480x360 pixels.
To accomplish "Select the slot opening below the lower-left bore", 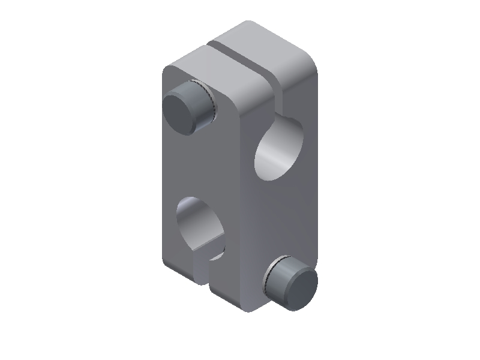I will (x=205, y=270).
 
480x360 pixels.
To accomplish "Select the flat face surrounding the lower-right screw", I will (x=288, y=222).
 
